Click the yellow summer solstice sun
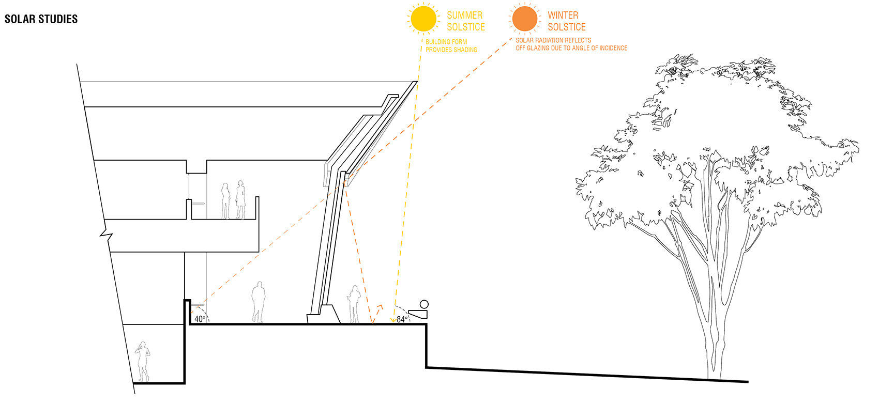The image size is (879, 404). point(423,19)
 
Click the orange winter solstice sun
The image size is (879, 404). point(525,19)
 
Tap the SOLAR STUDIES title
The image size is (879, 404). point(41,19)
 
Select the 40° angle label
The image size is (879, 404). point(200,319)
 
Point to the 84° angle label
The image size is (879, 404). point(402,319)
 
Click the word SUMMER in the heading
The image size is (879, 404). point(465,15)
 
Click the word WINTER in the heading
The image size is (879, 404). point(563,15)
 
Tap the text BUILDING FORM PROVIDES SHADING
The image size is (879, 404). point(451,46)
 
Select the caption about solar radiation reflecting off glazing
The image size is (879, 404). point(571,44)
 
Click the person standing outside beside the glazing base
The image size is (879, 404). point(354,304)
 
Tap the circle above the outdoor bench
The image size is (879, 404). point(424,304)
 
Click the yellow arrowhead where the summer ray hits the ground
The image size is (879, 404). point(393,320)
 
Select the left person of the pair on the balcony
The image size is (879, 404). point(225,201)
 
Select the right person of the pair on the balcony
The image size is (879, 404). point(240,200)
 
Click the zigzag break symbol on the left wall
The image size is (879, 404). point(107,234)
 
